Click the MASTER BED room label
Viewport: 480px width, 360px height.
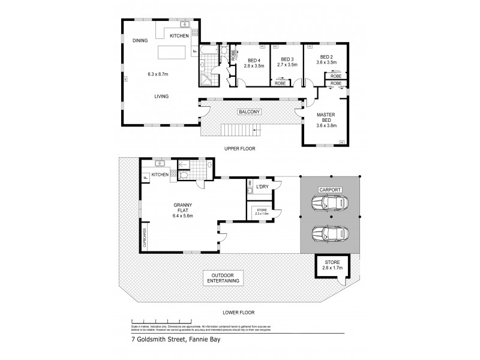pos(326,118)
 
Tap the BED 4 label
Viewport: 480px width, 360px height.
pos(254,61)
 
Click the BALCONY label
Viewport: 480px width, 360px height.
pos(249,112)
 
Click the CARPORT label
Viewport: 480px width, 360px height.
pos(330,190)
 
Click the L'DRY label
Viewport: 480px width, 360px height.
pos(262,187)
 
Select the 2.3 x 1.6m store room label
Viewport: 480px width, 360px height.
pos(262,211)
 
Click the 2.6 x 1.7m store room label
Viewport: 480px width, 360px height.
pos(332,265)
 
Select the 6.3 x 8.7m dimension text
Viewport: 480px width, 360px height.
pos(158,74)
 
